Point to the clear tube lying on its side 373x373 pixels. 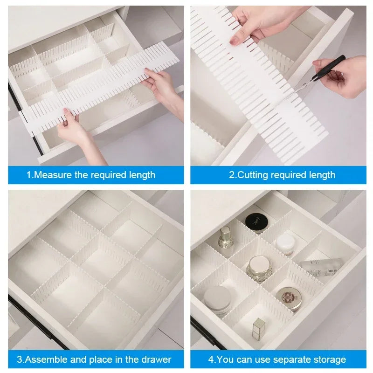click(x=321, y=267)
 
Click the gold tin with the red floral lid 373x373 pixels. click(x=288, y=298)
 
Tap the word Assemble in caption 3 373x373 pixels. click(x=43, y=359)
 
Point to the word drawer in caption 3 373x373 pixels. click(x=158, y=359)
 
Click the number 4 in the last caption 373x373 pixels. click(x=211, y=359)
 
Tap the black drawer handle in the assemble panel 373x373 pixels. click(x=37, y=322)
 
